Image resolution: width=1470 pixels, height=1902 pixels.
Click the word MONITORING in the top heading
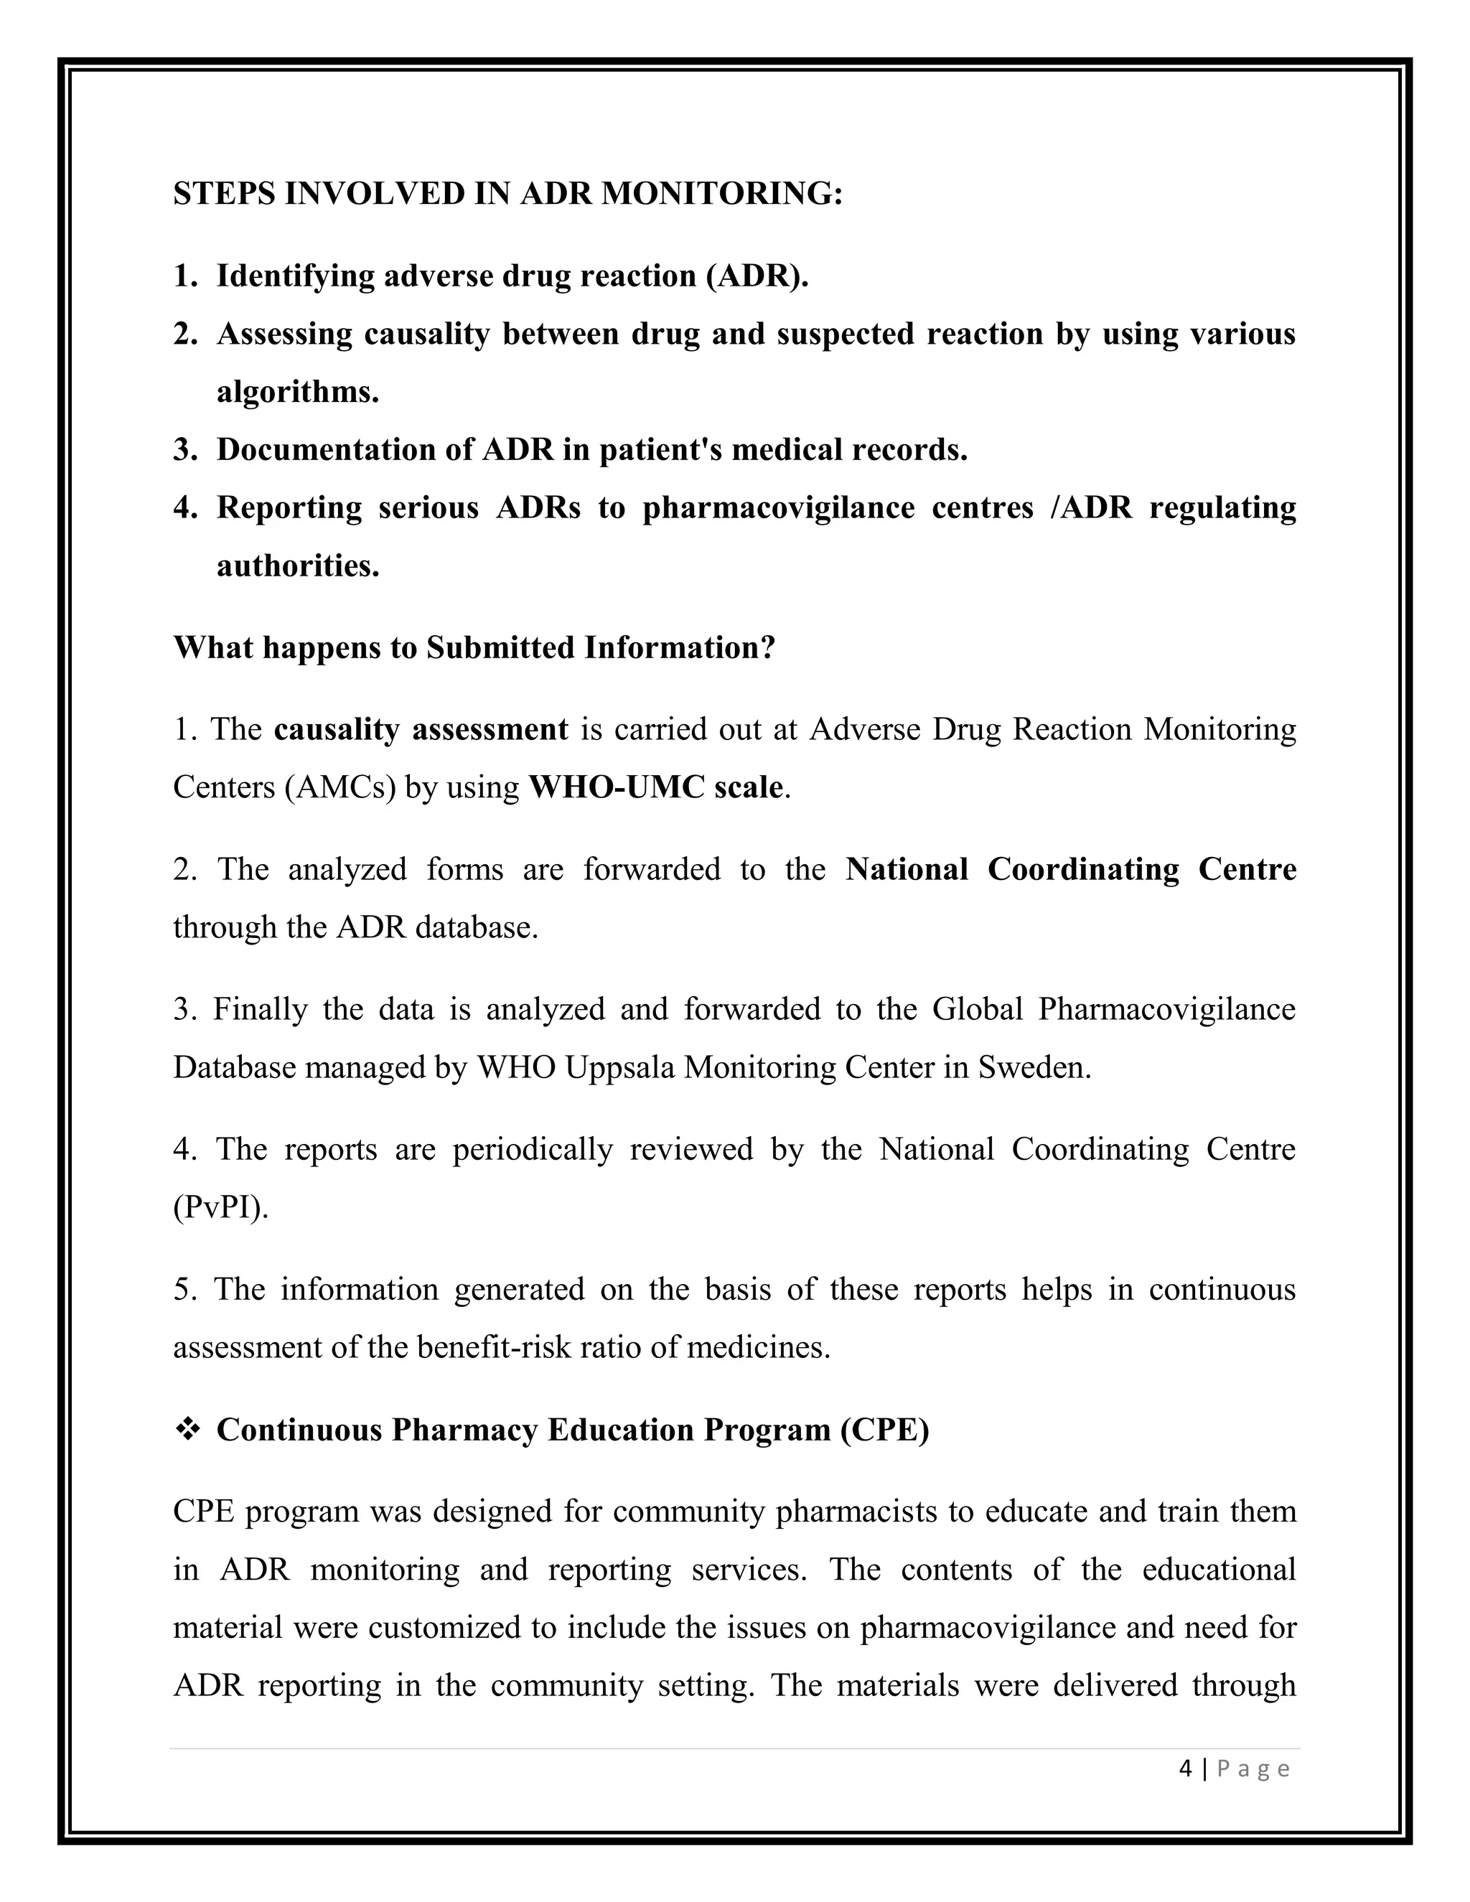point(722,193)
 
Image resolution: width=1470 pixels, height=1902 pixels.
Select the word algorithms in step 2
point(297,392)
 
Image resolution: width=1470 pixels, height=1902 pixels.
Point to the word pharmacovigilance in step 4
point(777,507)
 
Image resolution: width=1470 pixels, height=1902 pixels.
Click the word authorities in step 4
point(297,566)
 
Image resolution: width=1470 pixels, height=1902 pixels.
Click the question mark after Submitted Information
point(767,647)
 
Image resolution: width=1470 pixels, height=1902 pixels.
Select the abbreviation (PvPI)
point(220,1208)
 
